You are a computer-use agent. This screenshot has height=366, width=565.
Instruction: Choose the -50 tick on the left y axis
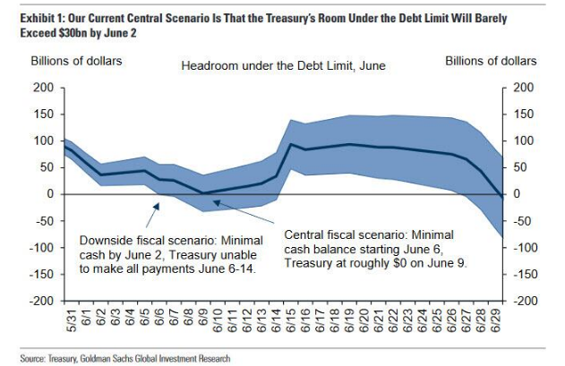45,221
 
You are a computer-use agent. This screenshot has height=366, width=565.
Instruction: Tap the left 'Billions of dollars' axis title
77,61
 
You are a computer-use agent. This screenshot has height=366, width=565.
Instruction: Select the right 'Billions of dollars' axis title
492,61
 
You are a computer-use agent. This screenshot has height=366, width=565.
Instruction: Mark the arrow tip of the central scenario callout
212,201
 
